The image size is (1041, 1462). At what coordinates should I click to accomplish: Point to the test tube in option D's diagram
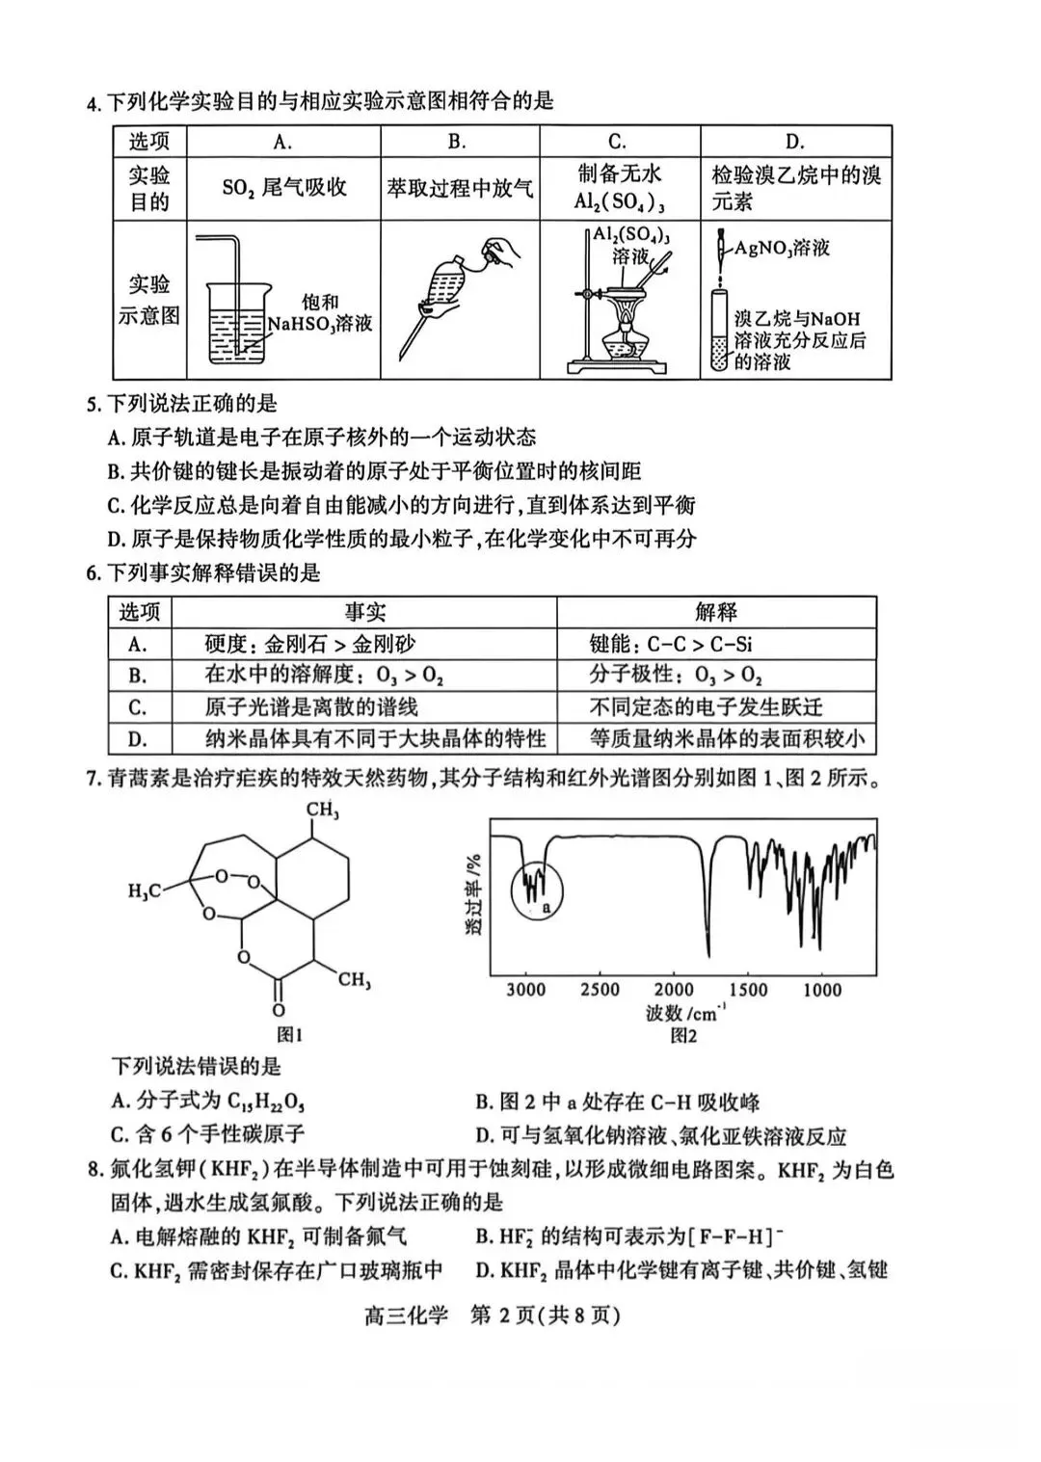click(720, 331)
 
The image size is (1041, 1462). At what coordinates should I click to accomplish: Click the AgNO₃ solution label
click(782, 249)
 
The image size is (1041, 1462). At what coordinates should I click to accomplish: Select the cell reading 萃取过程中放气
click(460, 188)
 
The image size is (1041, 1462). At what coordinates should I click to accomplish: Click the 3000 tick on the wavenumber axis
click(525, 990)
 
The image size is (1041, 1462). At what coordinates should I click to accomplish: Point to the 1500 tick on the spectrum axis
click(748, 990)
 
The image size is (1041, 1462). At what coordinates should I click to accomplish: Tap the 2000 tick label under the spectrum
click(674, 990)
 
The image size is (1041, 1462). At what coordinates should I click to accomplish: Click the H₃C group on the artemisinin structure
click(145, 891)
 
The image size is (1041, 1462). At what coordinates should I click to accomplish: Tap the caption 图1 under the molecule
click(290, 1034)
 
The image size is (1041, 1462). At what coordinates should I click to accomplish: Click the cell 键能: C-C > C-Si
click(671, 644)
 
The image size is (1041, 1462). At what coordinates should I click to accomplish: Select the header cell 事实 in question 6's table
click(364, 612)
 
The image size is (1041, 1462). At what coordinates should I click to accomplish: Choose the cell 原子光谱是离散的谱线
click(311, 707)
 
